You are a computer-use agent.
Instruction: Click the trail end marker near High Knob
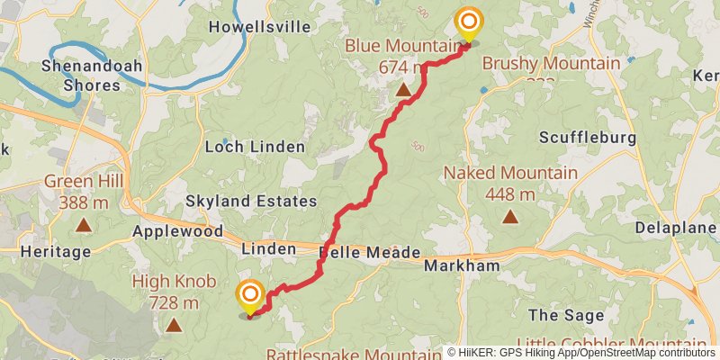250,296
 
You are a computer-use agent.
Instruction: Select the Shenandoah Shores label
80,76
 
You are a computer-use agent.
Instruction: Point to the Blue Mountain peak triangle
403,91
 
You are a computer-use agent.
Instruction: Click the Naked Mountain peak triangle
510,216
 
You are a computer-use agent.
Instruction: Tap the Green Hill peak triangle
84,225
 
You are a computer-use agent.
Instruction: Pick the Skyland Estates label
251,201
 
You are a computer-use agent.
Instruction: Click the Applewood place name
178,231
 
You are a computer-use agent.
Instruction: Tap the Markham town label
462,265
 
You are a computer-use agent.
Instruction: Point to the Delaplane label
675,228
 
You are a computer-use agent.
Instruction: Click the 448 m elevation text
510,194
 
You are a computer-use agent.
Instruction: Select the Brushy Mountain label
551,63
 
